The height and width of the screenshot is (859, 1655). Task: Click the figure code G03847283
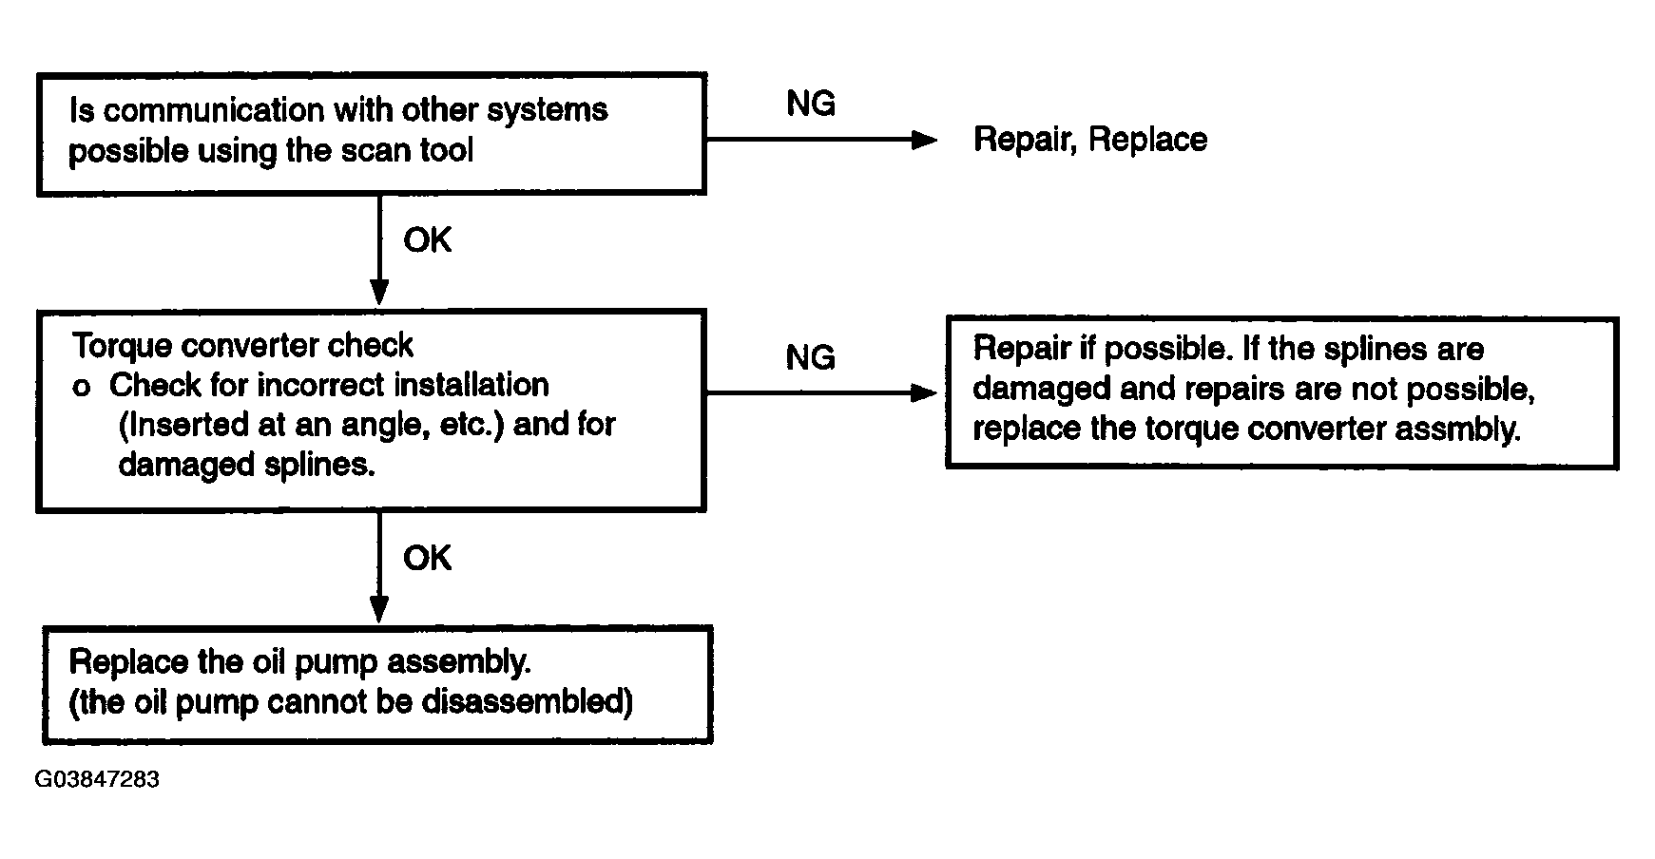point(97,780)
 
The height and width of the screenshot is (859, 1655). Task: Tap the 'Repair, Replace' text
point(1090,140)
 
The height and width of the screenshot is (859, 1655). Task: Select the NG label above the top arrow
point(811,104)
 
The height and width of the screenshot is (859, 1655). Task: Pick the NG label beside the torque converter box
point(811,357)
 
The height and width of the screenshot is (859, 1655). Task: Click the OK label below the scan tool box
point(427,240)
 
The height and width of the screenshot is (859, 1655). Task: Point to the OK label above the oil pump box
point(427,558)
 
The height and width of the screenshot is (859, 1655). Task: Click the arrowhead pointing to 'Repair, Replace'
point(924,141)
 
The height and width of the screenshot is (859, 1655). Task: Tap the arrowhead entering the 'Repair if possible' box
point(924,392)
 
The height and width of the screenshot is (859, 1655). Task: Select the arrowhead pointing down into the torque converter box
point(379,292)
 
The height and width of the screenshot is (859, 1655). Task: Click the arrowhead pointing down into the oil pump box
point(379,609)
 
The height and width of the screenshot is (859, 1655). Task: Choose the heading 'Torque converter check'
point(242,345)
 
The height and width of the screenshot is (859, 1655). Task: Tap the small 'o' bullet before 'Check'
point(82,389)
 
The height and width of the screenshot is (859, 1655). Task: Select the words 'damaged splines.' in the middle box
point(246,465)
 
